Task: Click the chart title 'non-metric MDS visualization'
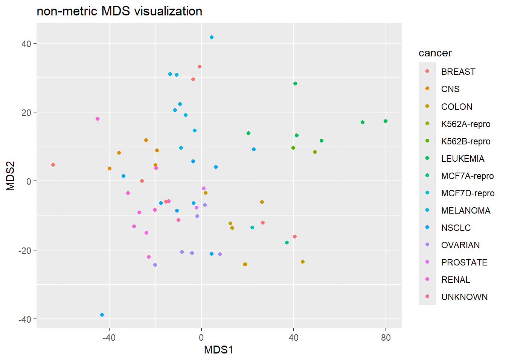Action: tap(119, 11)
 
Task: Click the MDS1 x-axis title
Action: tap(218, 350)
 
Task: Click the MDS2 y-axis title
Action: tap(11, 176)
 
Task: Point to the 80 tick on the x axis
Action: tap(386, 338)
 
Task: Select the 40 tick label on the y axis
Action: tap(26, 44)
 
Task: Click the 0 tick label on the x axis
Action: tap(201, 338)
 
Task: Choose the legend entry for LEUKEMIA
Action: tap(462, 159)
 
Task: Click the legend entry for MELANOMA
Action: tap(465, 211)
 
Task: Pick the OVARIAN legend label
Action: tap(460, 245)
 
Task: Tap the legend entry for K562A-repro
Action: tap(465, 124)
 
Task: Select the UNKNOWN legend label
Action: tap(464, 297)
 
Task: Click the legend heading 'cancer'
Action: tap(435, 53)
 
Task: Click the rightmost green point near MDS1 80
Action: tap(385, 121)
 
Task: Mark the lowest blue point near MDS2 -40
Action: tap(102, 315)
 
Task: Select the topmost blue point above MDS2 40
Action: tap(212, 37)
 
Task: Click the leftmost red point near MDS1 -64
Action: tap(53, 165)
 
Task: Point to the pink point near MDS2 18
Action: tap(98, 119)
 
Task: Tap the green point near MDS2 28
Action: tap(295, 83)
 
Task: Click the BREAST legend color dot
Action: tap(427, 71)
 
